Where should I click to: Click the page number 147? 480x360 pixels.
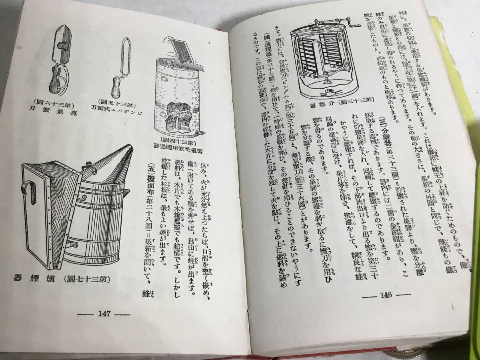104,314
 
